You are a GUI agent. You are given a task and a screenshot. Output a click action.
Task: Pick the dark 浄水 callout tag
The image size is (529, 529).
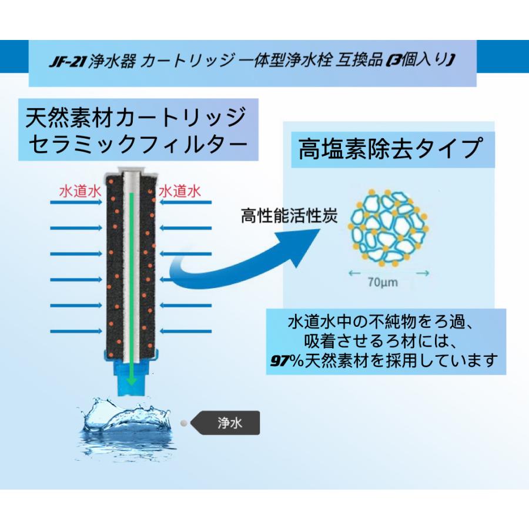pyautogui.click(x=226, y=421)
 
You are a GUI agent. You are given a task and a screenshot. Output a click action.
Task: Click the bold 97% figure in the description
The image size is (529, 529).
pyautogui.click(x=283, y=359)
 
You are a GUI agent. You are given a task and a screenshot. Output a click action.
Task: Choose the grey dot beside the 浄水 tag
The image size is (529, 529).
pyautogui.click(x=184, y=422)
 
